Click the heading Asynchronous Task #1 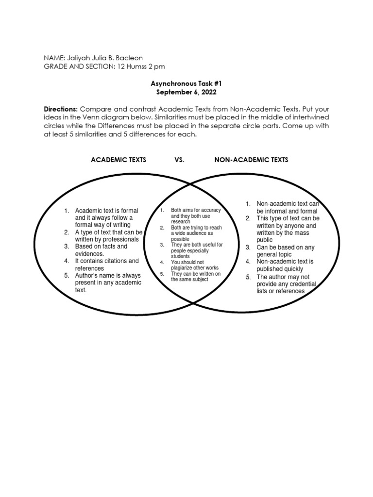[x=186, y=83]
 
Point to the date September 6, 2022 [x=186, y=92]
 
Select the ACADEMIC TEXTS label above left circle [x=119, y=160]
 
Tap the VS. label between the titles [x=179, y=160]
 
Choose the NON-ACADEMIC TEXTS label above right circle [x=251, y=160]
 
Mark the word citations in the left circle [x=112, y=261]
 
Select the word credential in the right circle [x=300, y=284]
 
